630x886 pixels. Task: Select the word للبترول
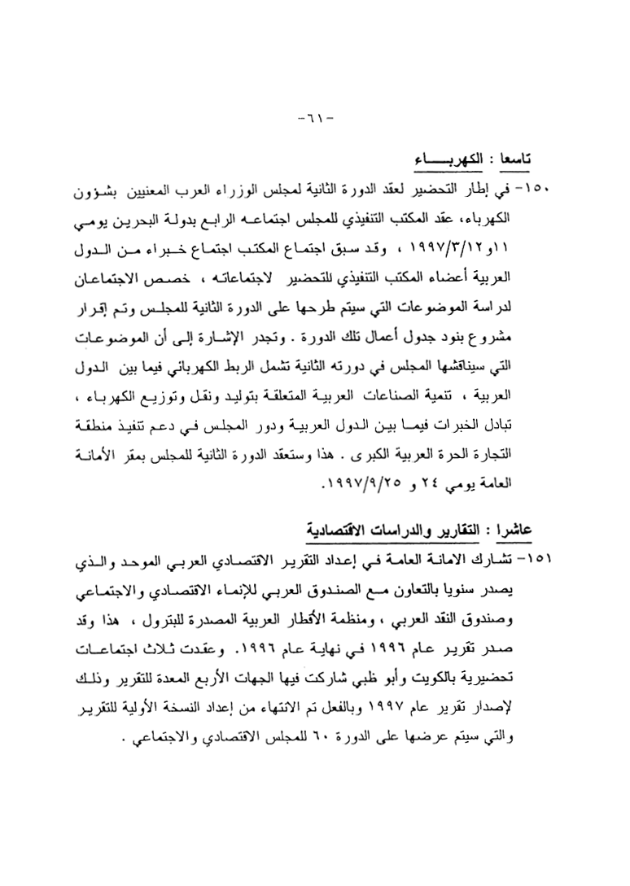(220, 616)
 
